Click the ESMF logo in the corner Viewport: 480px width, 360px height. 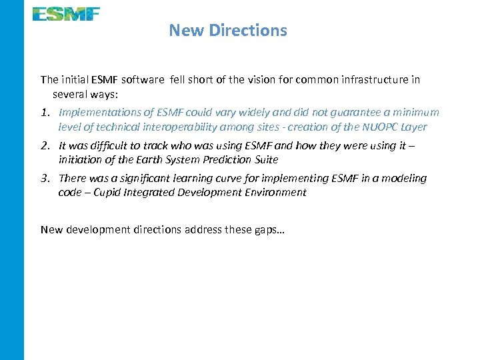pos(67,13)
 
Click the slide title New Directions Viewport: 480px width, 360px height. pos(228,30)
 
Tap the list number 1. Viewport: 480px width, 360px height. pos(44,113)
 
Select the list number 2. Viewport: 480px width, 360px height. pos(45,145)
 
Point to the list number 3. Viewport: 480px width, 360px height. pos(45,178)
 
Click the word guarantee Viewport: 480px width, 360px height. pos(335,113)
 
